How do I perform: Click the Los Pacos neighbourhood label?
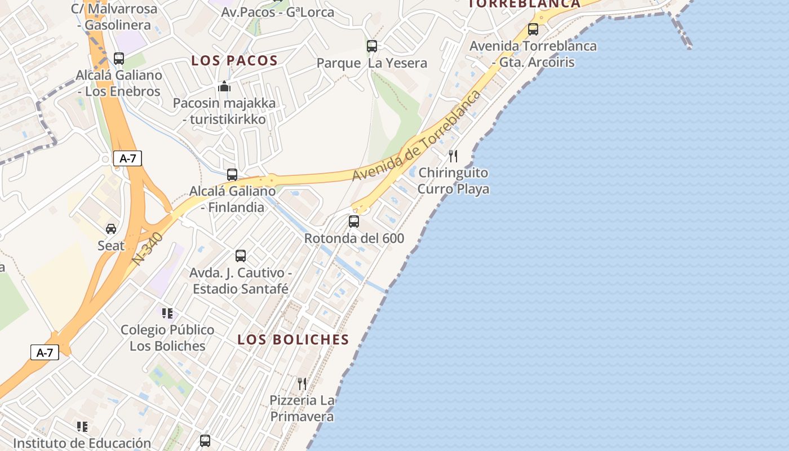234,60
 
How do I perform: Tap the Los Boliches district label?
293,339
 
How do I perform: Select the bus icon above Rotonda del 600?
354,222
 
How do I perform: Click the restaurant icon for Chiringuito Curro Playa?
453,156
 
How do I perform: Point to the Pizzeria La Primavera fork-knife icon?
302,384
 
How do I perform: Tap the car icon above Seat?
111,229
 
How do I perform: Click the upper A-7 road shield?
127,158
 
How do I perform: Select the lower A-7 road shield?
45,353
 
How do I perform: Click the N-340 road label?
148,249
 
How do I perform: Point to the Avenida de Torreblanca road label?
417,135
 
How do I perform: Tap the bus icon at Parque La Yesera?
372,46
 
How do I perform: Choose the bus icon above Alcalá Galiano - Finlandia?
232,175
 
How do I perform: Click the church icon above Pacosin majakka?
224,87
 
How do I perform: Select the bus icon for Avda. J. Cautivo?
241,256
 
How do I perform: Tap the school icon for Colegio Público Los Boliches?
167,313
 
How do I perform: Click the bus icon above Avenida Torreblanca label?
533,29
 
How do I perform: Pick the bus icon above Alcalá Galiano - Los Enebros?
119,59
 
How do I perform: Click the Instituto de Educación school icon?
82,427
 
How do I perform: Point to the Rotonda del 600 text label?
354,238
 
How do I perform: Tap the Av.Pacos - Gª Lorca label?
278,12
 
